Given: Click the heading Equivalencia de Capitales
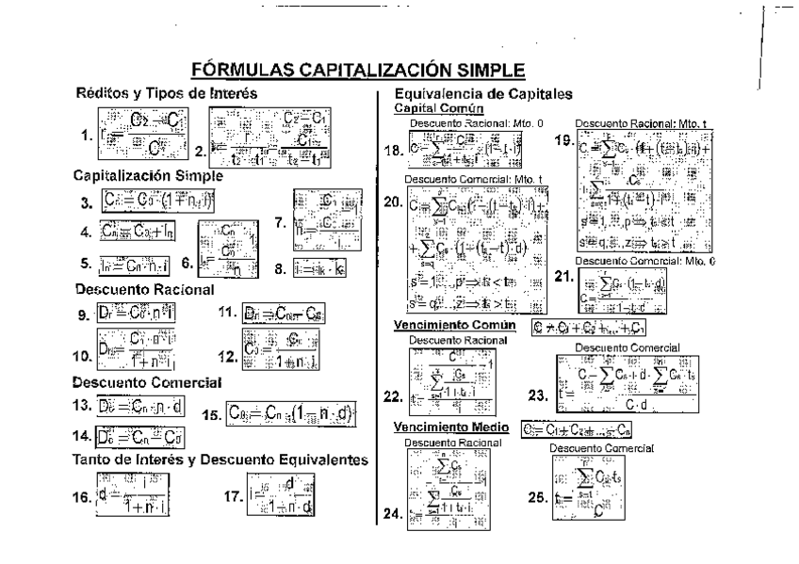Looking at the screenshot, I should coord(483,94).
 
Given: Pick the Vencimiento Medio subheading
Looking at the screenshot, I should coord(449,427).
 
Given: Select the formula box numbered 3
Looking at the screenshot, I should coord(160,200).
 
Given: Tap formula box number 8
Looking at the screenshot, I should coord(323,267).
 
